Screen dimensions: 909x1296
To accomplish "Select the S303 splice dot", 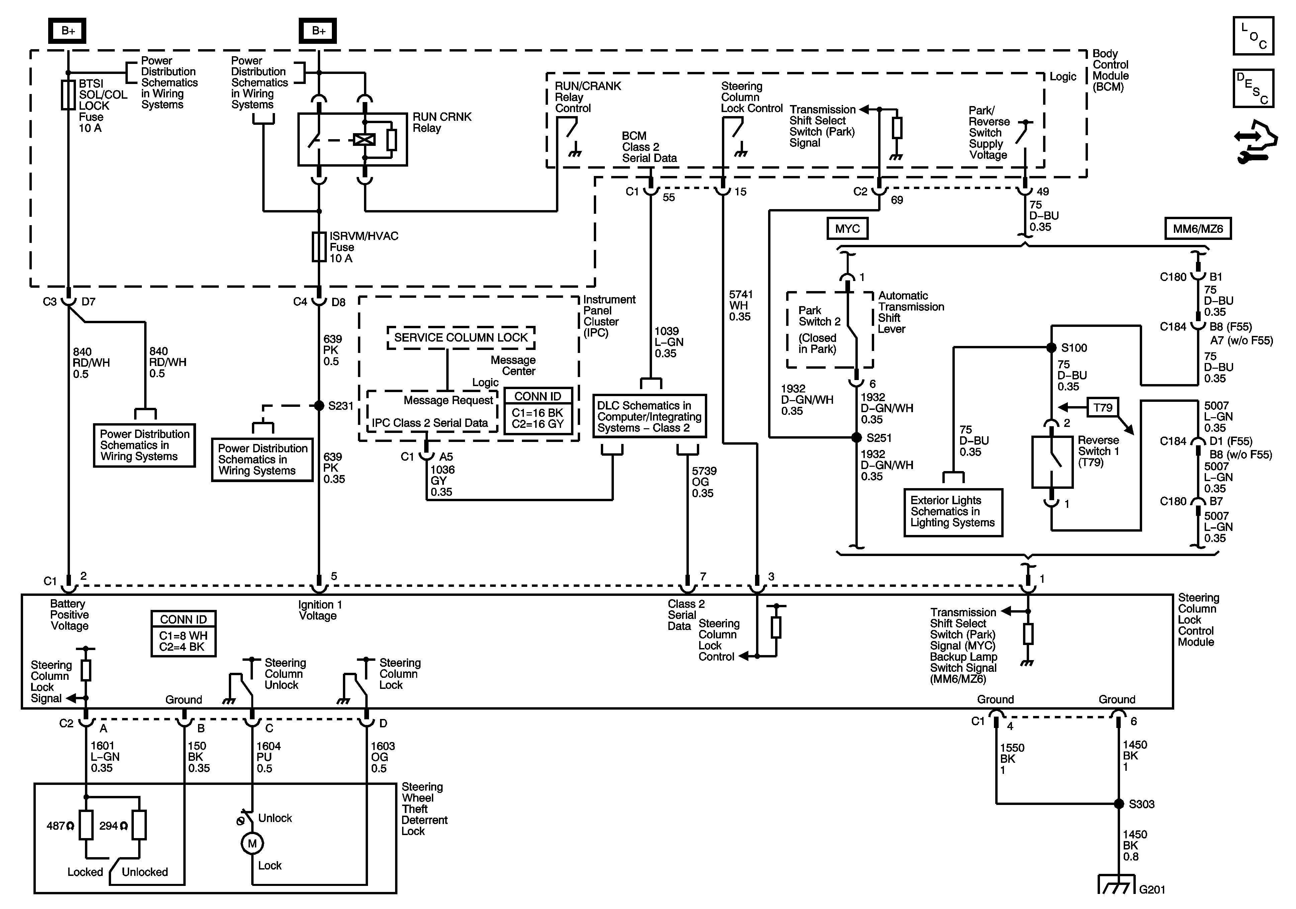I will coord(1118,803).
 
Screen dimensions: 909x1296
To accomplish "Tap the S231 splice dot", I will coord(319,405).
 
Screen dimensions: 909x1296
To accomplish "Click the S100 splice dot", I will coord(1051,348).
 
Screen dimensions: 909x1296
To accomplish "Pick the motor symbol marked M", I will coord(252,843).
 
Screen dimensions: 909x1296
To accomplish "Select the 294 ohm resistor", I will coord(139,825).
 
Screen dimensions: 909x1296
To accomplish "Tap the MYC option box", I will coord(847,229).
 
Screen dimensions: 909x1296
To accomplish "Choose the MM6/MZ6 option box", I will coord(1198,229).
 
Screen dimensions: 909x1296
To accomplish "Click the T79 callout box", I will coord(1102,407).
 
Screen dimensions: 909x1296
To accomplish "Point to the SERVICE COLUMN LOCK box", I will coord(461,338).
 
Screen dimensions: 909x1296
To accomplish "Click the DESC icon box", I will coord(1253,88).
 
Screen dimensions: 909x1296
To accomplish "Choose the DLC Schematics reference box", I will coord(649,417).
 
